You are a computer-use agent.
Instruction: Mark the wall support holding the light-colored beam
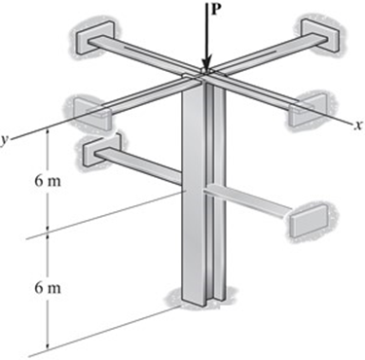pyautogui.click(x=307, y=220)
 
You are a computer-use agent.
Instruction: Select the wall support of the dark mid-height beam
pyautogui.click(x=97, y=147)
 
